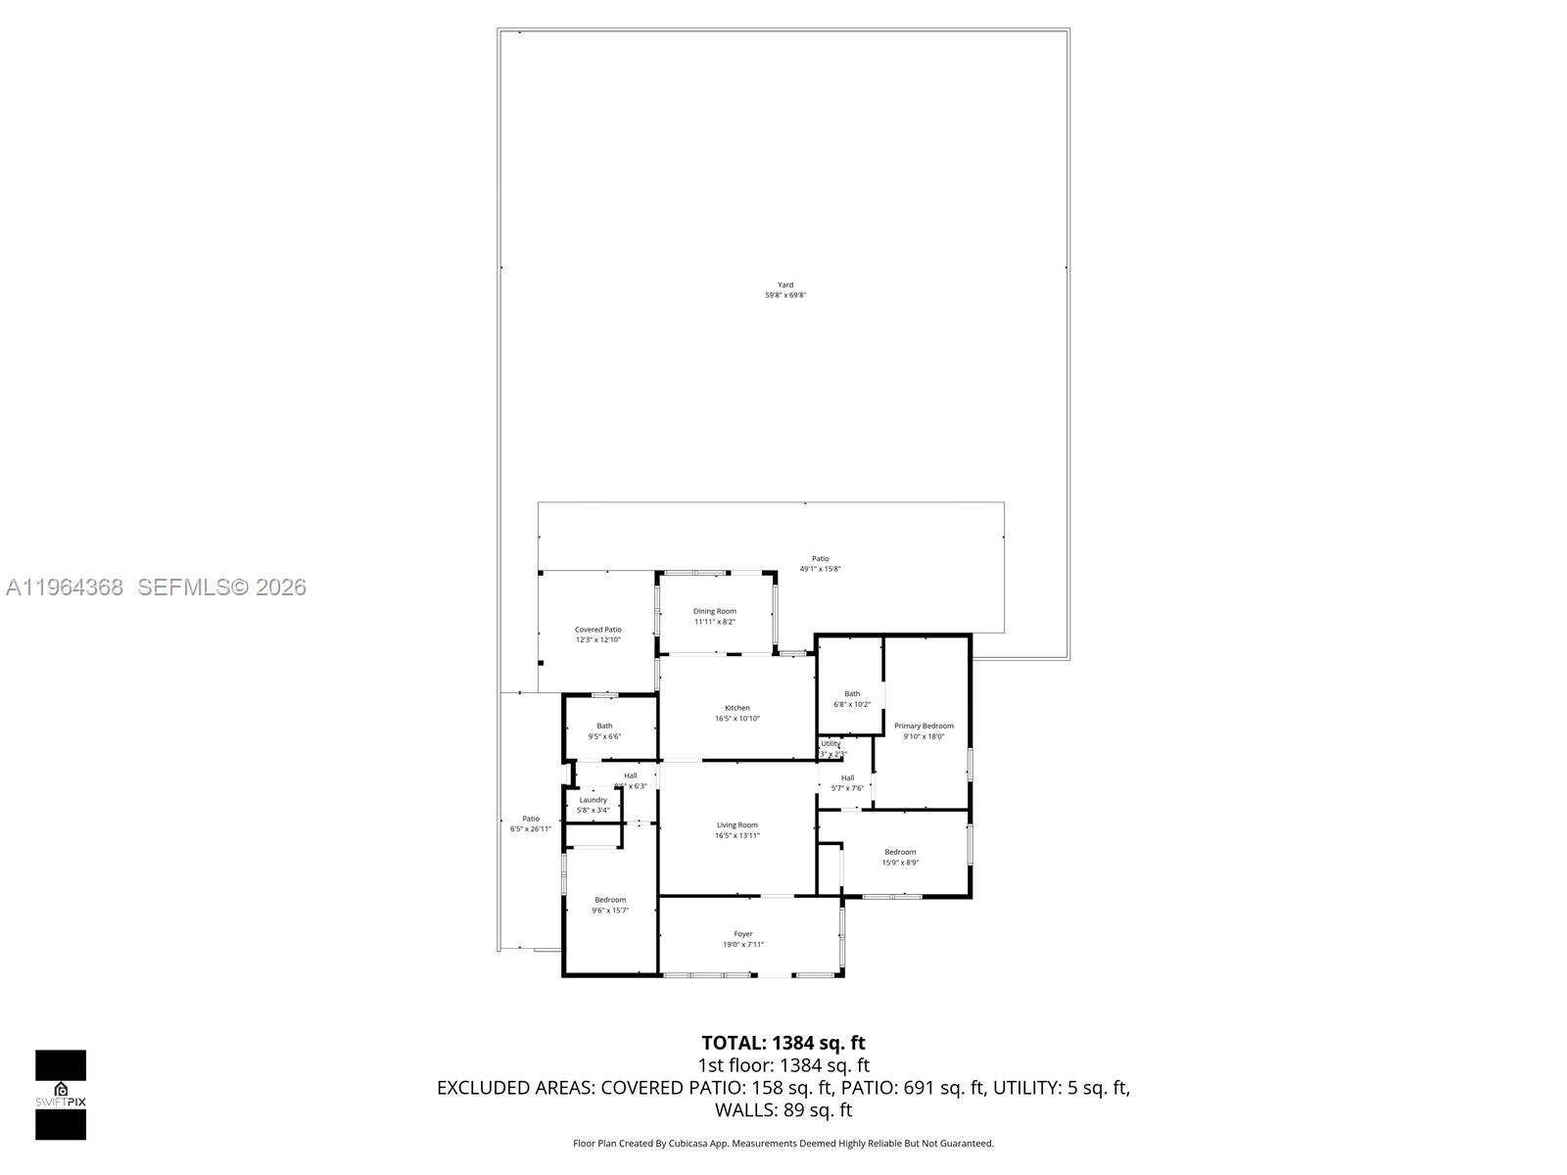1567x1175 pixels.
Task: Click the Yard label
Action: (x=785, y=285)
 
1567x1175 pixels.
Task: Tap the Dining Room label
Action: (x=714, y=611)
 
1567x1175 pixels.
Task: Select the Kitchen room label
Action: (x=736, y=708)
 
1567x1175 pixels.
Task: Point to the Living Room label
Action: (x=736, y=825)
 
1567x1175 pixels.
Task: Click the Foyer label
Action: (x=743, y=934)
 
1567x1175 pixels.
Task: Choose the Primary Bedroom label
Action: (x=923, y=727)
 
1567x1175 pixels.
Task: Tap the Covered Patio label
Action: (x=597, y=630)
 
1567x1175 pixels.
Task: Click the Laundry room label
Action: (x=593, y=800)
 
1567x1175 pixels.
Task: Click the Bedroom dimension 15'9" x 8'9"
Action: (x=900, y=863)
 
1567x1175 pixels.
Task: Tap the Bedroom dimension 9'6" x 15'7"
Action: (x=610, y=911)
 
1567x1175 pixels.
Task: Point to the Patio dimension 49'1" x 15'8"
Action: (x=820, y=569)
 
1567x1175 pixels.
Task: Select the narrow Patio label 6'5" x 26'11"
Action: (x=530, y=829)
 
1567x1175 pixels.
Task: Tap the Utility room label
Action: (x=831, y=744)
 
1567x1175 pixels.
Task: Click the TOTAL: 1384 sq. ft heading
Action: (x=783, y=1043)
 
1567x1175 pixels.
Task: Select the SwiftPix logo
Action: (x=61, y=1094)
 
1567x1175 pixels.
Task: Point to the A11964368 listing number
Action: (x=65, y=587)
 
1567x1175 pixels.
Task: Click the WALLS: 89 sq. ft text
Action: (x=783, y=1110)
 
